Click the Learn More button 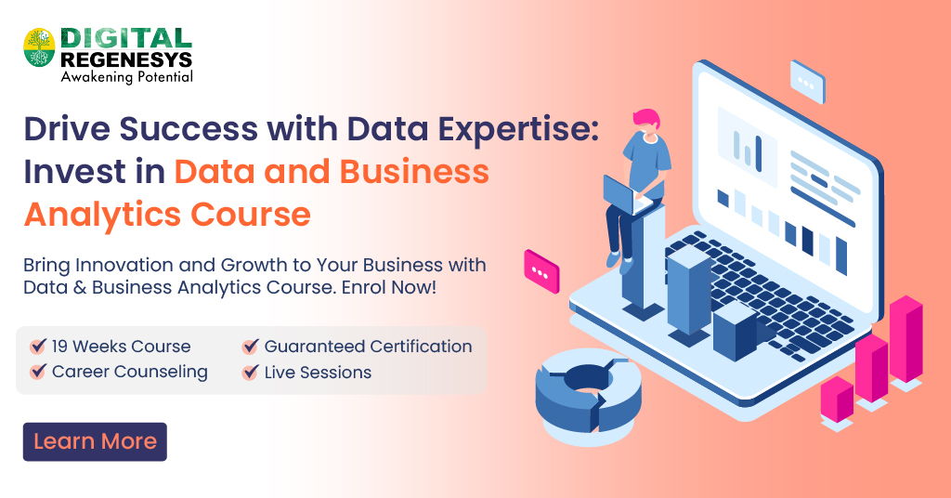click(x=95, y=441)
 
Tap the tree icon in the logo click(x=39, y=47)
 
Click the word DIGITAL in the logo click(x=126, y=38)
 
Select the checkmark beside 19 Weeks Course click(x=38, y=347)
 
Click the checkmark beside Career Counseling click(x=38, y=372)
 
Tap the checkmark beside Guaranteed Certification click(x=250, y=347)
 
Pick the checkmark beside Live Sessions click(x=250, y=372)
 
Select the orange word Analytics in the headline click(x=103, y=214)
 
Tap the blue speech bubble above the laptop click(x=807, y=80)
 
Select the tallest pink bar click(x=905, y=339)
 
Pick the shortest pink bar click(x=837, y=400)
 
